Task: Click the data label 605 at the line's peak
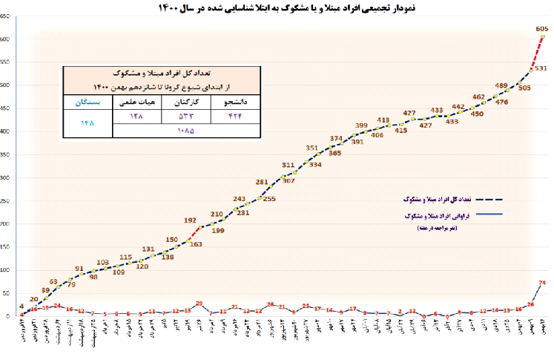[x=543, y=27]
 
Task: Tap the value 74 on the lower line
[x=543, y=282]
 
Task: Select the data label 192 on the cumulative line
[x=191, y=220]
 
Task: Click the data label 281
[x=262, y=182]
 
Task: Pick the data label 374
[x=336, y=139]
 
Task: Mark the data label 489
[x=501, y=85]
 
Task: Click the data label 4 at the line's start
[x=22, y=306]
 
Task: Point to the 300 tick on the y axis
[x=6, y=178]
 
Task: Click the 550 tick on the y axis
[x=6, y=62]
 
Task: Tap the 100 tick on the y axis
[x=6, y=270]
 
